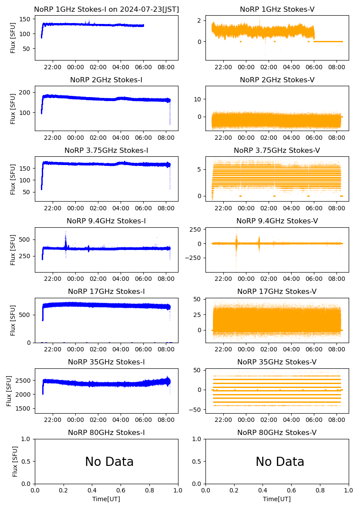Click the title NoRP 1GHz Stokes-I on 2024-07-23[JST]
(106, 9)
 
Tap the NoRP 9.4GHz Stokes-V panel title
(277, 221)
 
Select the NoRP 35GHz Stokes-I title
(106, 362)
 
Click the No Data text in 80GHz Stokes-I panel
(109, 462)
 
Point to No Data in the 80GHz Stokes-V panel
(280, 462)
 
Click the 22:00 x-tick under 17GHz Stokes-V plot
(223, 350)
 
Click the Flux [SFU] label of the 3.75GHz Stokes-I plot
(13, 179)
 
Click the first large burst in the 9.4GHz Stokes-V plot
(236, 243)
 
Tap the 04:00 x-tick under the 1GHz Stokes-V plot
(291, 67)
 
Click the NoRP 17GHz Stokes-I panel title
(106, 291)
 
